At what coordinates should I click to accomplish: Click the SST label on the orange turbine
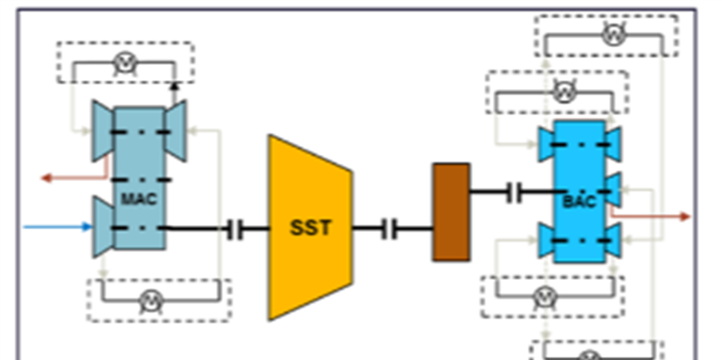pos(310,228)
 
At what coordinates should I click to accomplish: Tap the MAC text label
pos(139,199)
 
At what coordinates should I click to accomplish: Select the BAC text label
pos(579,202)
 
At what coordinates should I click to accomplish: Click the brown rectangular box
pos(451,212)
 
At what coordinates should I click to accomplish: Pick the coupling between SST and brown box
pos(389,229)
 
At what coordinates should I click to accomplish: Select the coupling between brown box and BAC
pos(515,194)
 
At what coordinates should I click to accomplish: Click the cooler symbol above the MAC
pos(124,62)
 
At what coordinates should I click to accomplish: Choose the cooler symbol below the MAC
pos(151,300)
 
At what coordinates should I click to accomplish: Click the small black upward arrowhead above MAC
pos(174,87)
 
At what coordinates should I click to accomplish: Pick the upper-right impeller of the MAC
pos(175,131)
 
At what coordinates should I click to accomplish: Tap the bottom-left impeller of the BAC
pos(546,241)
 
